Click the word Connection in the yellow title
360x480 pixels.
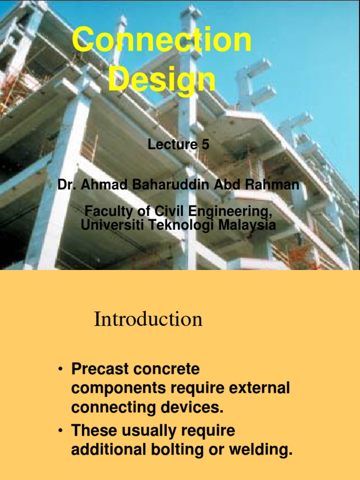(162, 40)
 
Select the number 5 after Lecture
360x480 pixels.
(205, 145)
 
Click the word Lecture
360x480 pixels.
(172, 145)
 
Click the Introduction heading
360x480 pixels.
(148, 320)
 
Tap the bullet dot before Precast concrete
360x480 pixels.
(60, 370)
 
